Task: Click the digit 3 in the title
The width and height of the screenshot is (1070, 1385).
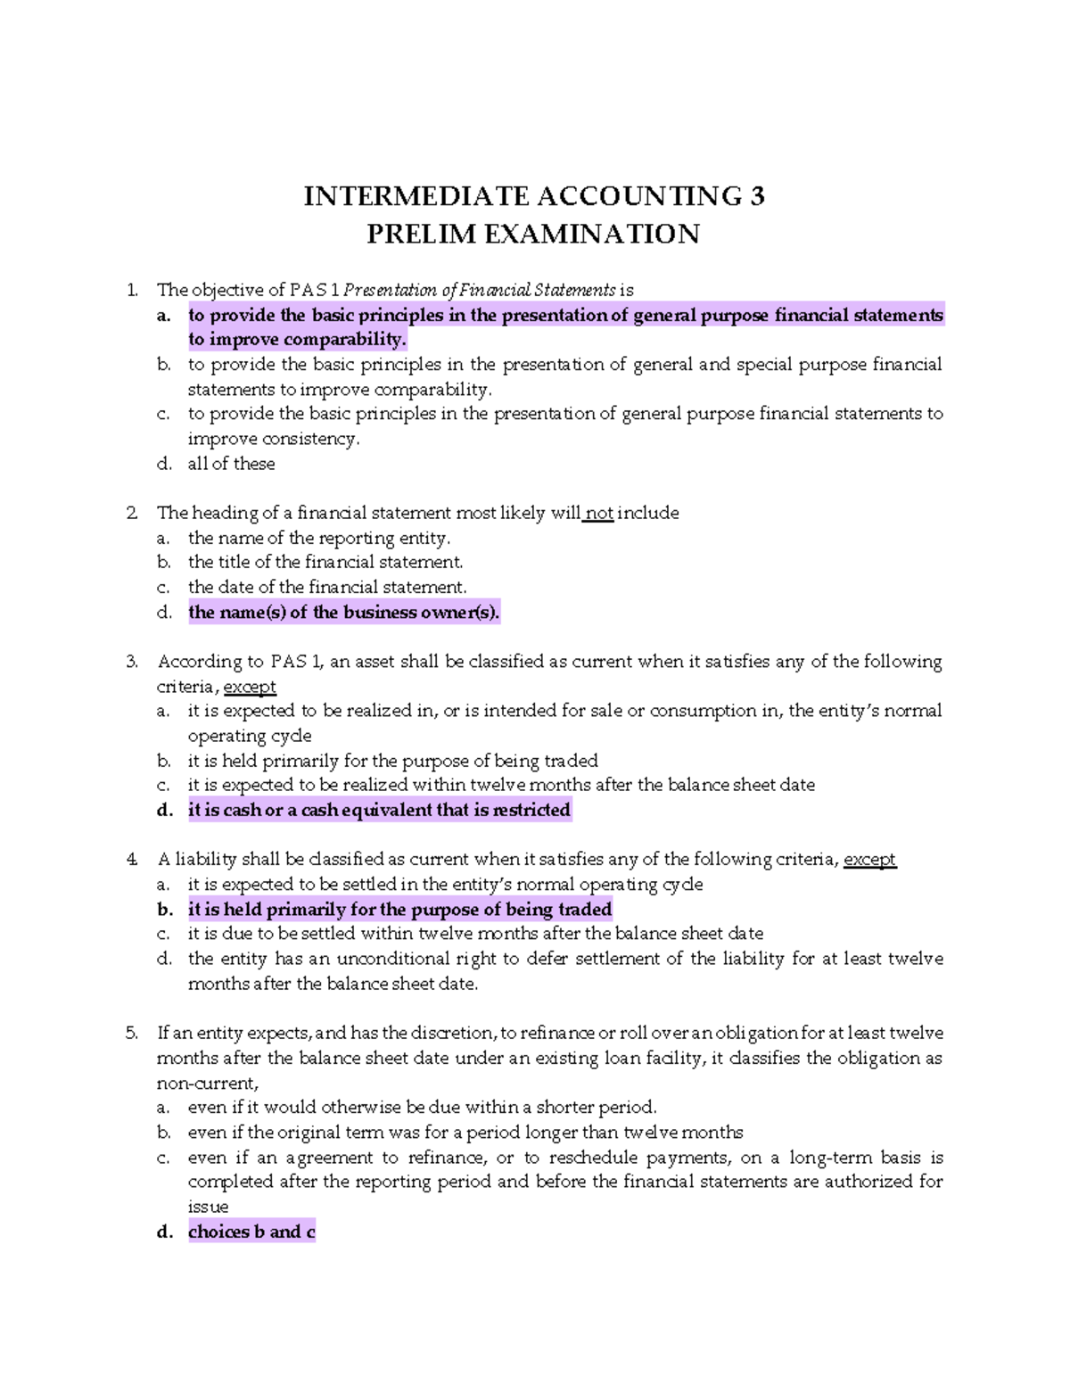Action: coord(757,196)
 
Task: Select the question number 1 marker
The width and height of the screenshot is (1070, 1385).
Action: coord(132,290)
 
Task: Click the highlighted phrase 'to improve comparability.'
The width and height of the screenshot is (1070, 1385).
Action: coord(297,340)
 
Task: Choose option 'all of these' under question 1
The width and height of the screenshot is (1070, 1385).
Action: coord(231,464)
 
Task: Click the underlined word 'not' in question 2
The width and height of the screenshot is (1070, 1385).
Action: coord(599,514)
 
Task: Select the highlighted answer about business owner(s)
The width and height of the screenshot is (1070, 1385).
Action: coord(344,613)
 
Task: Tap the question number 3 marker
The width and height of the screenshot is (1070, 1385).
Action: coord(132,662)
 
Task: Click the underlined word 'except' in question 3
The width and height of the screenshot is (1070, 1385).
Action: coord(250,688)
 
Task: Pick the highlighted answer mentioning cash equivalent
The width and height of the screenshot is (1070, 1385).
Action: coord(379,811)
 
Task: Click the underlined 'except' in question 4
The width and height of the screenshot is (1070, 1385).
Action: coord(869,860)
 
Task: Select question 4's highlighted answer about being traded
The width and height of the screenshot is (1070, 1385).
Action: coord(399,910)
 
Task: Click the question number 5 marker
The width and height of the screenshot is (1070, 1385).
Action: coord(132,1034)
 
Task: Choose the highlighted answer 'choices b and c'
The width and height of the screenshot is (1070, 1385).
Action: coord(251,1232)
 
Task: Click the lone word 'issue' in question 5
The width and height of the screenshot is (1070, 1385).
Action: coord(208,1207)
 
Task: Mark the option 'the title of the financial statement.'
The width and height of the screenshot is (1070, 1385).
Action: coord(325,563)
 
